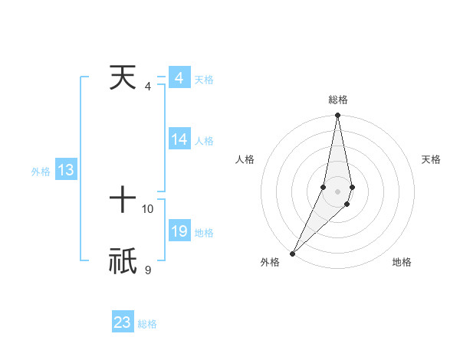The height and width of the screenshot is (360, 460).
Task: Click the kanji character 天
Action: point(123,78)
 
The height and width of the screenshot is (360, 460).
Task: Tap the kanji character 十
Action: point(123,201)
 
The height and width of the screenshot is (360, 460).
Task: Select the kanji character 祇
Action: point(123,261)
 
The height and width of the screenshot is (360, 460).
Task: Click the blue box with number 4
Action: point(179,79)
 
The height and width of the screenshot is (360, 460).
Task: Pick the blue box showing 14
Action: point(179,139)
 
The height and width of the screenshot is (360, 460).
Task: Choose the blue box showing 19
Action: point(179,231)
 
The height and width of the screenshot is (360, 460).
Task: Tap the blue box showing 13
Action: point(66,170)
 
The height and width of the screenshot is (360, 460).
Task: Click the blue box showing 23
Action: point(123,322)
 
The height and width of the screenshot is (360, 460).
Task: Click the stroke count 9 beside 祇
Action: point(147,270)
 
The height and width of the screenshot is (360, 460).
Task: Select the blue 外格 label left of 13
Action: point(41,172)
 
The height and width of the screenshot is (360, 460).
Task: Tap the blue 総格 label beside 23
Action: point(147,324)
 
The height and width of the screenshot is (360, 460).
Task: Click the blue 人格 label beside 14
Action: point(204,141)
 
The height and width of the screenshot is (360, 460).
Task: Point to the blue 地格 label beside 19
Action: point(204,233)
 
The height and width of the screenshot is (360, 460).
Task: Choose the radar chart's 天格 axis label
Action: point(432,159)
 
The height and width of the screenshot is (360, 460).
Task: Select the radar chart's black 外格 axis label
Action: point(270,262)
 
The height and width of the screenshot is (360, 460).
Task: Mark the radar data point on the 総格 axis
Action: point(337,116)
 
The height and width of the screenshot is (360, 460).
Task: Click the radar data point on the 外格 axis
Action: point(293,253)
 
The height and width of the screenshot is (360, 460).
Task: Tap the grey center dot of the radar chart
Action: point(337,191)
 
